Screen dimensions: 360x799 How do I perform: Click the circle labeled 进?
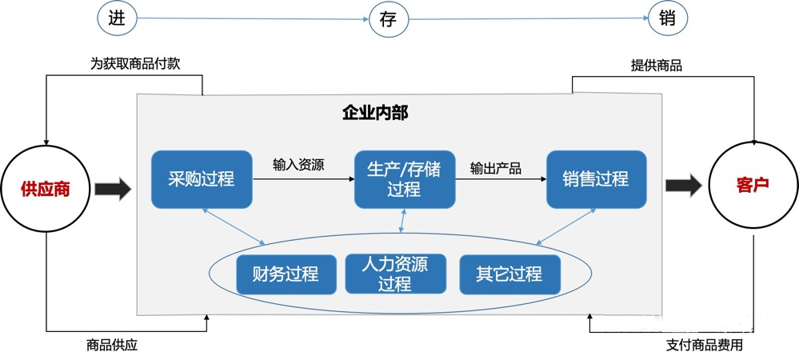tap(115, 18)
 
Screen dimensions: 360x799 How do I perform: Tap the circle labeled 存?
tap(388, 18)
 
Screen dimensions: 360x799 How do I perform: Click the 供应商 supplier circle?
tap(46, 189)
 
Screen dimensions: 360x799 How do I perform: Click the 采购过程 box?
tap(201, 179)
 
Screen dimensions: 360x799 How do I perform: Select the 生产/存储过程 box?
tap(404, 179)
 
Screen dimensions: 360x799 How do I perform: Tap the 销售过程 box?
tap(595, 179)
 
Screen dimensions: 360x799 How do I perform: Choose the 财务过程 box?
tap(285, 274)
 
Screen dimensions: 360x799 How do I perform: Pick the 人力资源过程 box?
tap(395, 274)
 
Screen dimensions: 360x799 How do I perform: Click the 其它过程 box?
tap(509, 274)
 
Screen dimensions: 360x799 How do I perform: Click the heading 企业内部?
tap(375, 113)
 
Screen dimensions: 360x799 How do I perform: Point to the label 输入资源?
tap(298, 166)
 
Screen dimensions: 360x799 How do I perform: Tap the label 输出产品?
tap(496, 168)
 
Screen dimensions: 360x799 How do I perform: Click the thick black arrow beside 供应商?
tap(112, 190)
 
